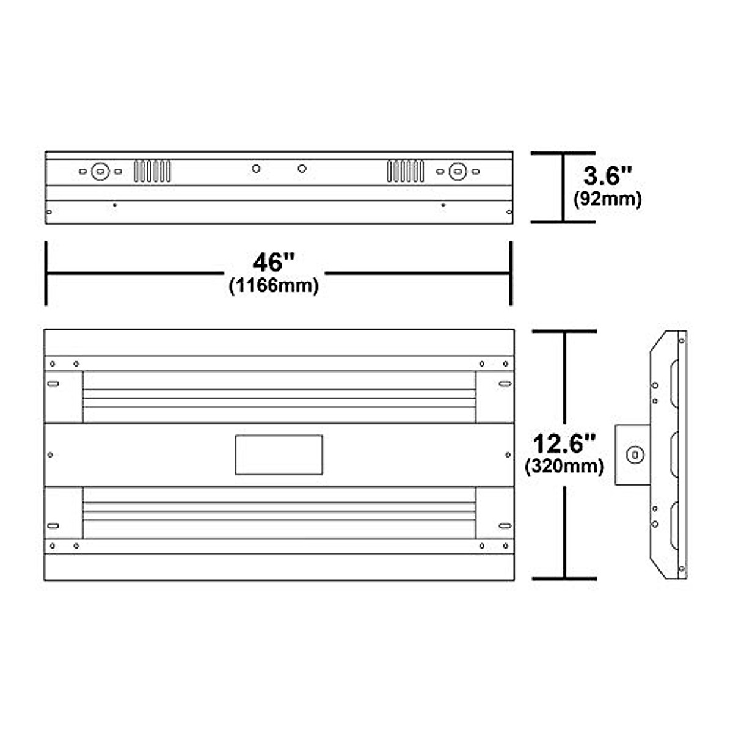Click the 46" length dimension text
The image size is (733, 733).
point(274,263)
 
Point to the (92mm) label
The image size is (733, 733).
point(607,199)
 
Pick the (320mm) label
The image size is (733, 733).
point(564,467)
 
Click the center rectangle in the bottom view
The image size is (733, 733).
point(279,454)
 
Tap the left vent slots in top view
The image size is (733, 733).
point(152,171)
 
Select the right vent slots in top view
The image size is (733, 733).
point(405,171)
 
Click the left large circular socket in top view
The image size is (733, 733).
point(100,172)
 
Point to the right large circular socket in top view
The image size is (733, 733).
point(458,172)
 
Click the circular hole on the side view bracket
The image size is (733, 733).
point(636,455)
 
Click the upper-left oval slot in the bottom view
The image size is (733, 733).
point(53,384)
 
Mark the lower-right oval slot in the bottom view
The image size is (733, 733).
point(505,525)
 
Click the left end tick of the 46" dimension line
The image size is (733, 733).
point(46,273)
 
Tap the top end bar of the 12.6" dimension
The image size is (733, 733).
point(564,331)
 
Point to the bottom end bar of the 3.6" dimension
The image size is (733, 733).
point(563,221)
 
